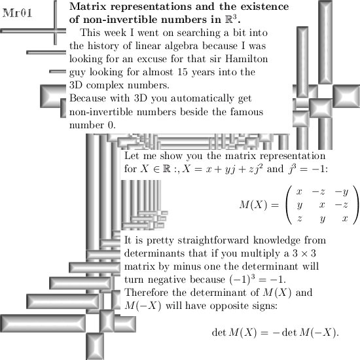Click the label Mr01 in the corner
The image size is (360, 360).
pos(17,13)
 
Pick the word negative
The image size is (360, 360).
pos(167,279)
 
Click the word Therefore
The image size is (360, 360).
pos(146,293)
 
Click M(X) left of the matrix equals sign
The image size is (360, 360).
pos(253,205)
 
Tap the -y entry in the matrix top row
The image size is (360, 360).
pos(342,192)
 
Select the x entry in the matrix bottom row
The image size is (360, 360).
pos(345,218)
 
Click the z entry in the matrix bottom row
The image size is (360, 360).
pos(299,218)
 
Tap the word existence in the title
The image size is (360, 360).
pos(264,7)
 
